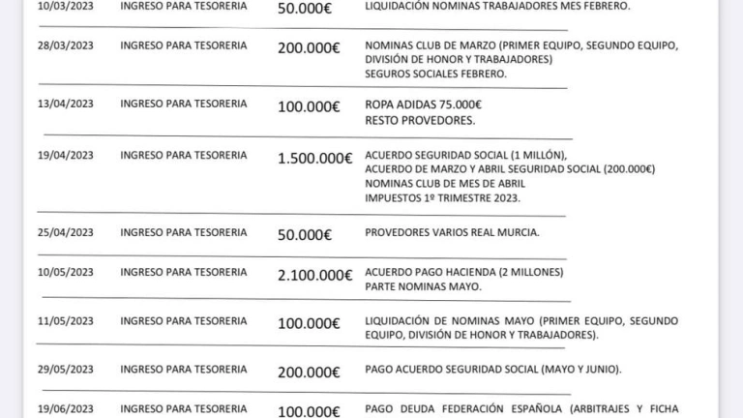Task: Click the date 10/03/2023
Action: pos(65,6)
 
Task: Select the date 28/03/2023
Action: pos(65,45)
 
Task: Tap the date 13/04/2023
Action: pos(65,104)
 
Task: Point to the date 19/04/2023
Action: pos(65,155)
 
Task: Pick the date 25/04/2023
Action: pos(65,232)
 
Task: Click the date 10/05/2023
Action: pos(65,272)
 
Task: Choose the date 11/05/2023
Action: pos(65,320)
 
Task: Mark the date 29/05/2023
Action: pos(65,369)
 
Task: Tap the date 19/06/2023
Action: pos(65,409)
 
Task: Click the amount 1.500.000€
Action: pos(314,159)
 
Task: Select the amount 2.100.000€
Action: pos(314,275)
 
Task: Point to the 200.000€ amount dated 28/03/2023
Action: pos(309,48)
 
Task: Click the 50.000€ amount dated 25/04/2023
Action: pos(304,235)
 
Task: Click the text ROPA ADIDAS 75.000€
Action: pos(423,104)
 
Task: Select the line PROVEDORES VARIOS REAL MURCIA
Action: pos(452,232)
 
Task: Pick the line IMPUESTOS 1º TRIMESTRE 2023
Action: pos(442,197)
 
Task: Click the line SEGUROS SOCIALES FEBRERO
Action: pos(435,74)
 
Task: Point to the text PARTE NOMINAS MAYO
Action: pos(423,286)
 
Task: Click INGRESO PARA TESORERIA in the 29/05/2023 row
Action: pos(183,369)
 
